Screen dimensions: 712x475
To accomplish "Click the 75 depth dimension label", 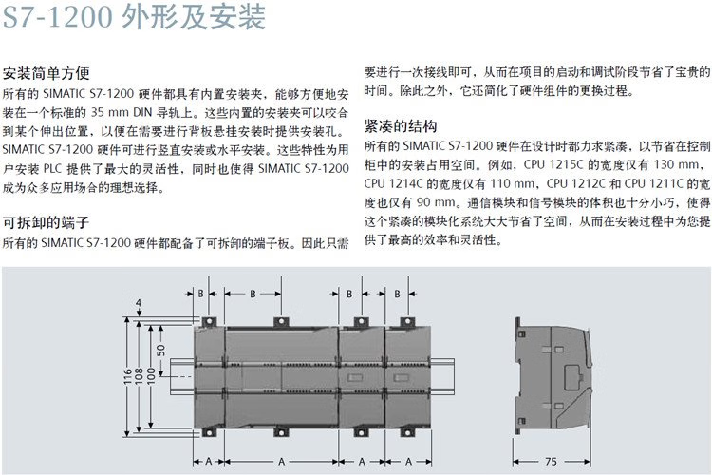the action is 551,462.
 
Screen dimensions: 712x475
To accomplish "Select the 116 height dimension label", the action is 127,376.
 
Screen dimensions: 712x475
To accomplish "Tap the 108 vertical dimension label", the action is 140,376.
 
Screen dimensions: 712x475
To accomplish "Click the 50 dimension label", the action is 161,350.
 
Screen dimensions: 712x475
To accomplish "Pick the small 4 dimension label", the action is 139,302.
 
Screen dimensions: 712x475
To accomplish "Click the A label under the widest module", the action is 282,462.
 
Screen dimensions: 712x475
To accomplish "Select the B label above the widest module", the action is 253,294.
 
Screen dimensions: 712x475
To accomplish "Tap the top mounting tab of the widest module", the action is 282,321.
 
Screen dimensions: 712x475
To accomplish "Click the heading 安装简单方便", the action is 47,73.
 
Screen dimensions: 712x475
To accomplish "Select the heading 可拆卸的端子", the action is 47,222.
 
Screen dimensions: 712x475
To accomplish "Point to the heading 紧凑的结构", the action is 401,126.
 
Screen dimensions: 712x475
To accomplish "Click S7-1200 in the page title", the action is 58,17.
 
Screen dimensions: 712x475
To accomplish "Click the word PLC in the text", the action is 52,169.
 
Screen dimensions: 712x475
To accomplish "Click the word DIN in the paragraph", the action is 142,112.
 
